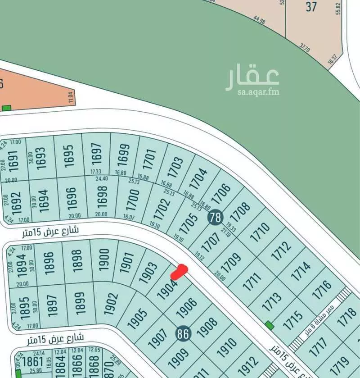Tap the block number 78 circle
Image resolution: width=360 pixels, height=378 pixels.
[x=216, y=218]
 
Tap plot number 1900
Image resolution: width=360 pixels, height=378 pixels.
[x=104, y=259]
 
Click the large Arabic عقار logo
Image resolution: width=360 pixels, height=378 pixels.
[x=252, y=77]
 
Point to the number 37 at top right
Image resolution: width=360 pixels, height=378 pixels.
[x=311, y=7]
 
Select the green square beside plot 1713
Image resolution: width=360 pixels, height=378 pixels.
[x=269, y=325]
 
